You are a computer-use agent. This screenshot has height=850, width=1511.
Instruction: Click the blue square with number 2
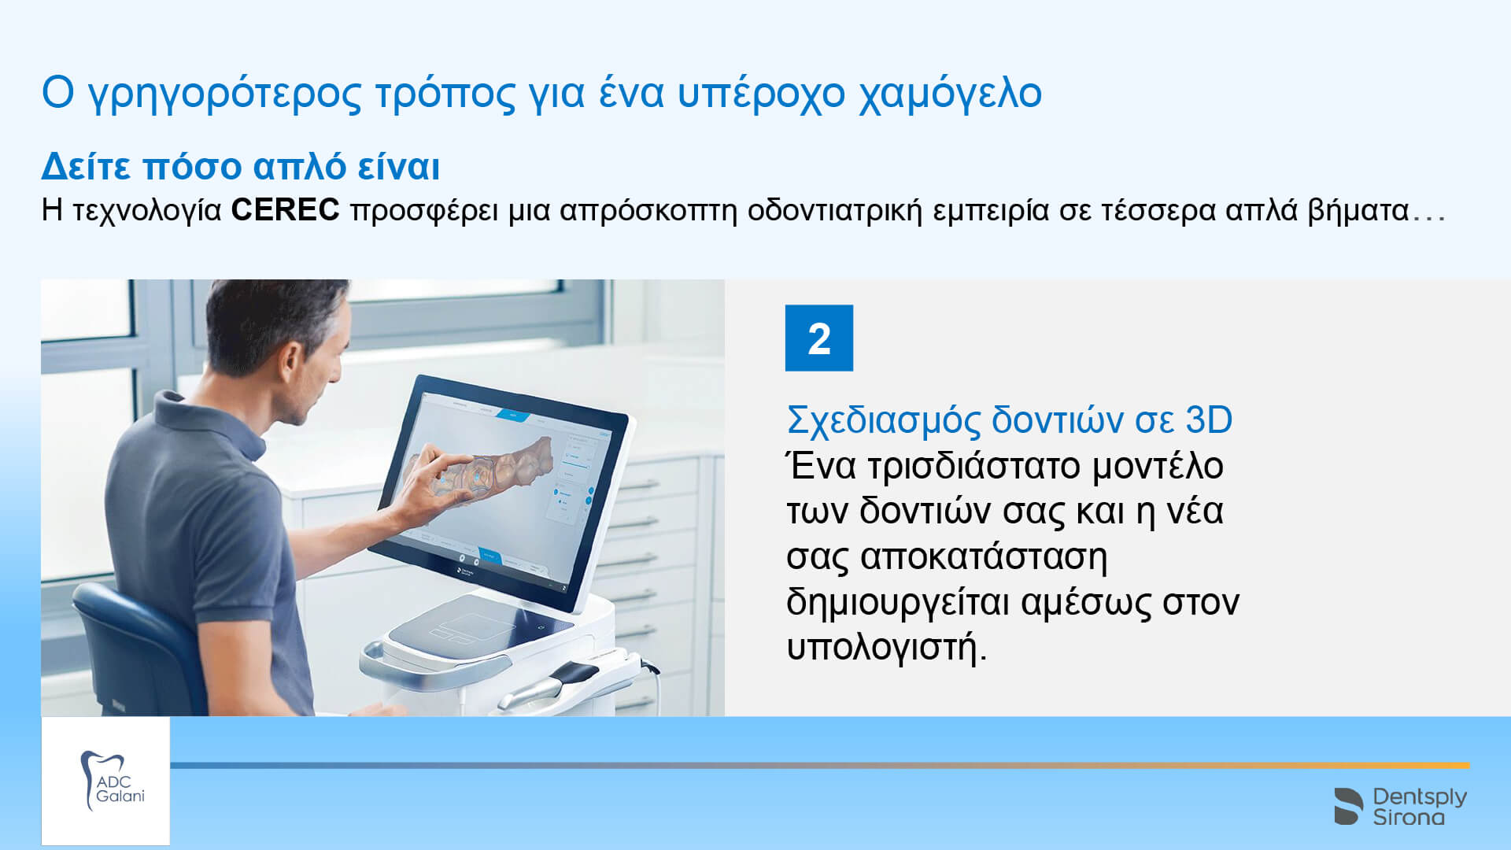click(x=818, y=338)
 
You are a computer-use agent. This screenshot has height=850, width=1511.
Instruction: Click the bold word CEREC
click(x=285, y=210)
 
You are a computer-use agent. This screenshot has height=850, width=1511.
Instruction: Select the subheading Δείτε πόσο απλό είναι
click(x=240, y=166)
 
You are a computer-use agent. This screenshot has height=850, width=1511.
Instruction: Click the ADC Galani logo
click(x=105, y=781)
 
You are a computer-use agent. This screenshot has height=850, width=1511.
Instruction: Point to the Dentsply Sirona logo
click(x=1401, y=806)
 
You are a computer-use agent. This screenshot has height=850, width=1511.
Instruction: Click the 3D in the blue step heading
click(x=1208, y=420)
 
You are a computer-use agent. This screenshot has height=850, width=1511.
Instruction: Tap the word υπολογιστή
click(x=886, y=648)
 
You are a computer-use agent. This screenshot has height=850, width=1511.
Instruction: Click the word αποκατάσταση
click(x=984, y=557)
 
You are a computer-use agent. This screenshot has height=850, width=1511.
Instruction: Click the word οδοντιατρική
click(x=834, y=211)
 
